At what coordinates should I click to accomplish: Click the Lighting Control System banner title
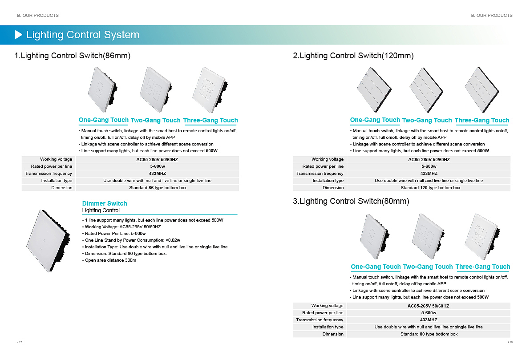[x=83, y=35]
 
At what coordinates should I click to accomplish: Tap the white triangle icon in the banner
[x=19, y=35]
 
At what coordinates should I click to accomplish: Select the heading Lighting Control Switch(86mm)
[x=73, y=56]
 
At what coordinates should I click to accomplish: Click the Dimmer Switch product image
[x=48, y=241]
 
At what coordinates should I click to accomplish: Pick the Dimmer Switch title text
[x=105, y=203]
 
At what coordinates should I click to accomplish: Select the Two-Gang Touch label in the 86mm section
[x=155, y=120]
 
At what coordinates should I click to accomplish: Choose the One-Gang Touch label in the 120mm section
[x=375, y=120]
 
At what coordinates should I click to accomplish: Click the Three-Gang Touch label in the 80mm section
[x=482, y=267]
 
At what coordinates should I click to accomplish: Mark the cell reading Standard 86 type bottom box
[x=158, y=188]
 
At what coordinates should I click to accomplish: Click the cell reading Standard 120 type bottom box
[x=430, y=188]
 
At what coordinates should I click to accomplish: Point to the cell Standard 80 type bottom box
[x=429, y=334]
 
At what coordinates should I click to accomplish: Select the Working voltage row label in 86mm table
[x=56, y=159]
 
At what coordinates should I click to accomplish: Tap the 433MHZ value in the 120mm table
[x=429, y=174]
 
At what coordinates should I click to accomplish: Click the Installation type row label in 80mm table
[x=328, y=327]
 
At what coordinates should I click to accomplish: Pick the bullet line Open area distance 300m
[x=110, y=260]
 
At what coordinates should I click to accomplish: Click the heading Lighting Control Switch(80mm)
[x=351, y=202]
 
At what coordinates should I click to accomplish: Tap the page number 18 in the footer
[x=510, y=342]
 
